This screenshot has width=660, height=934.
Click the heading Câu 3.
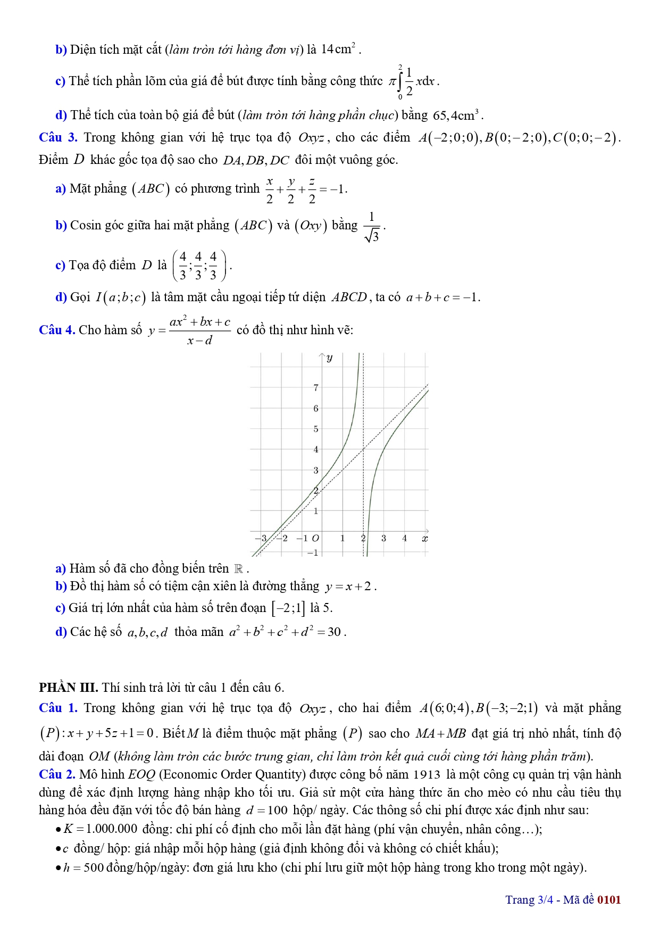[58, 137]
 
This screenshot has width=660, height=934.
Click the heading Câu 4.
[57, 330]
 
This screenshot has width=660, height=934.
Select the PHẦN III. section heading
[68, 688]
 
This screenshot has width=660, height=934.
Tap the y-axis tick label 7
[316, 388]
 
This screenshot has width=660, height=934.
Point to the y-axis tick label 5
[316, 429]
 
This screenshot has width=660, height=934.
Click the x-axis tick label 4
[404, 539]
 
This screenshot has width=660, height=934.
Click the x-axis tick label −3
[261, 539]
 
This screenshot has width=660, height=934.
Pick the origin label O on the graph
[315, 539]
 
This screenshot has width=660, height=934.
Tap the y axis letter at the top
[330, 358]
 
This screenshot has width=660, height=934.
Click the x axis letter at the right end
[424, 539]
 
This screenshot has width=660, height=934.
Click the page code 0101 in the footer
[609, 900]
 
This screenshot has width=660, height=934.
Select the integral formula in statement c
[413, 81]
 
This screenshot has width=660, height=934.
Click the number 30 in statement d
[334, 632]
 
